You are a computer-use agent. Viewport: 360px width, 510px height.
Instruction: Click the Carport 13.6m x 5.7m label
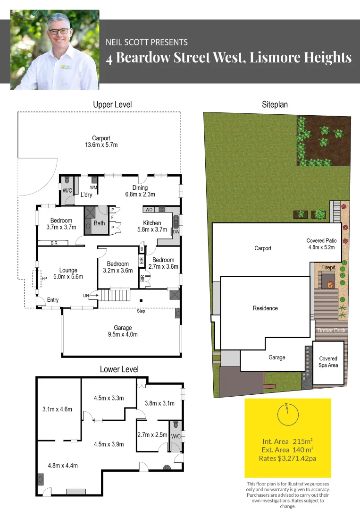click(101, 141)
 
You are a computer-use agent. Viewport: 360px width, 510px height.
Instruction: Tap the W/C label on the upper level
click(67, 190)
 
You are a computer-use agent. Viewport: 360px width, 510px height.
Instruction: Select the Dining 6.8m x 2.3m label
click(140, 191)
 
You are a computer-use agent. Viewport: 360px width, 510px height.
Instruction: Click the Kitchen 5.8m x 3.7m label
click(152, 226)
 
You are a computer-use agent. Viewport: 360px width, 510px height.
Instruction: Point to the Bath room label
click(99, 223)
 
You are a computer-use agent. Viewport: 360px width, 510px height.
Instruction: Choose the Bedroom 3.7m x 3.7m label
click(61, 224)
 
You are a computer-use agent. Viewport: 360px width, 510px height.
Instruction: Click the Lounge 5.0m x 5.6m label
click(68, 273)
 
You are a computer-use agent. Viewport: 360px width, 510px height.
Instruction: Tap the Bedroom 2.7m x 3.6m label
click(163, 263)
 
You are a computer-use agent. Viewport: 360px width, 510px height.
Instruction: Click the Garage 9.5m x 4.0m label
click(123, 331)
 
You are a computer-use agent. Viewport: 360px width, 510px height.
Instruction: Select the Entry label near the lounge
click(53, 300)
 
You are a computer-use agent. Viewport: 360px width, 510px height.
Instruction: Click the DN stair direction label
click(85, 295)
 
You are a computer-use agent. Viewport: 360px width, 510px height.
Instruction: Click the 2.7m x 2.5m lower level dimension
click(152, 435)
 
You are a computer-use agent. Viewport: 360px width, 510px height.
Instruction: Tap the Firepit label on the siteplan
click(328, 267)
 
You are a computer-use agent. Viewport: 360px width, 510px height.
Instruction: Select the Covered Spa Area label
click(328, 362)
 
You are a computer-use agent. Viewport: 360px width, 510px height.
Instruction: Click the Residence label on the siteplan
click(265, 308)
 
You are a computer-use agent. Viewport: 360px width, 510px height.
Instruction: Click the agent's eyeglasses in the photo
click(58, 31)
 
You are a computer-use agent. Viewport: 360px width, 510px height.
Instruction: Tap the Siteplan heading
click(275, 105)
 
